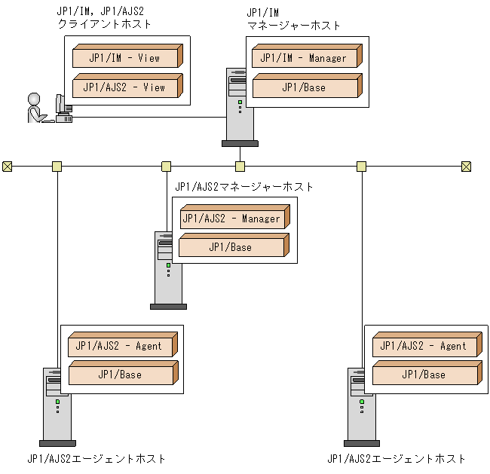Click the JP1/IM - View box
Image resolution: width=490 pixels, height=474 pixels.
pos(125,58)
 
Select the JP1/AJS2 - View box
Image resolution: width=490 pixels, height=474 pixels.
pos(125,87)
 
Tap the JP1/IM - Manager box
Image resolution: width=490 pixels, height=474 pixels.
pos(305,58)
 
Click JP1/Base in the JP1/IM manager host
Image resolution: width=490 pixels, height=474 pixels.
pos(305,87)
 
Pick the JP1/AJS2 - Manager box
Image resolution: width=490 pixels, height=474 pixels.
pos(231,219)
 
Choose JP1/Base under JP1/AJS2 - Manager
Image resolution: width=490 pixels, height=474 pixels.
pos(231,247)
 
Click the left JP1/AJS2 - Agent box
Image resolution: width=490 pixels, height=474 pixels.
pos(121,347)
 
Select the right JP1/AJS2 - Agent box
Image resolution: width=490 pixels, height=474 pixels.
pos(424,347)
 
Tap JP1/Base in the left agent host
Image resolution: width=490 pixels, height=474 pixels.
pos(121,375)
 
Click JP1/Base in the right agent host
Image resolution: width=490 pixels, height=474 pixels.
pos(424,375)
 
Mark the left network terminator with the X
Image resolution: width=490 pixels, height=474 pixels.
pos(8,167)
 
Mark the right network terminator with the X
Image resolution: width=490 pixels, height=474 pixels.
pos(467,167)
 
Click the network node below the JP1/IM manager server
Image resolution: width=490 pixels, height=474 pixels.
pos(240,167)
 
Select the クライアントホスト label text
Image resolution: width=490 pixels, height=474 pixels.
pos(105,24)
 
